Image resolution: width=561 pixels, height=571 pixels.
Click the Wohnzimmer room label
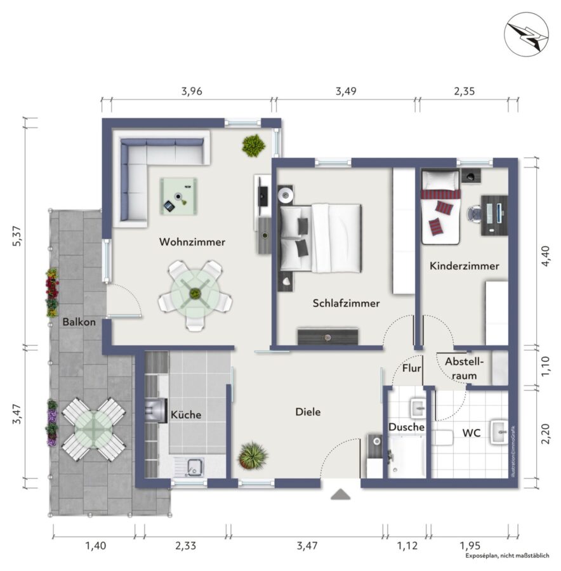[192, 242]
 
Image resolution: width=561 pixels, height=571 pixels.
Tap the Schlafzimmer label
[346, 303]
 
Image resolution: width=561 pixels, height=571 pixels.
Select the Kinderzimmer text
[464, 265]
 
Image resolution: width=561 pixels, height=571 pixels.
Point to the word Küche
[186, 414]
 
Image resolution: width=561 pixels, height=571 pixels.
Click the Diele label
[308, 412]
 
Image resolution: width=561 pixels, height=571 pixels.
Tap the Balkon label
[79, 322]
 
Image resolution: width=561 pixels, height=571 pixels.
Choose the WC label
[472, 433]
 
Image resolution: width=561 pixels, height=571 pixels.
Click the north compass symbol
[526, 34]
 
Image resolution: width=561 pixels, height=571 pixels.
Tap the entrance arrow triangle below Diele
[341, 494]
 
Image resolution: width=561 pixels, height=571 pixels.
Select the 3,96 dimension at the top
[192, 91]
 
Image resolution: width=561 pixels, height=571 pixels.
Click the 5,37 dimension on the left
[18, 237]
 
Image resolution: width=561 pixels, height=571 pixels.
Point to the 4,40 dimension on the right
[545, 256]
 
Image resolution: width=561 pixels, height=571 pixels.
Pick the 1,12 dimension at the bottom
[407, 546]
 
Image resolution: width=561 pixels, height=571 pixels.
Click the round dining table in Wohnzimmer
[195, 292]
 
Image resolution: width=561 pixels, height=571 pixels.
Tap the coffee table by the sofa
[179, 197]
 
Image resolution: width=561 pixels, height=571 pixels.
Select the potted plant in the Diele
[252, 455]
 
